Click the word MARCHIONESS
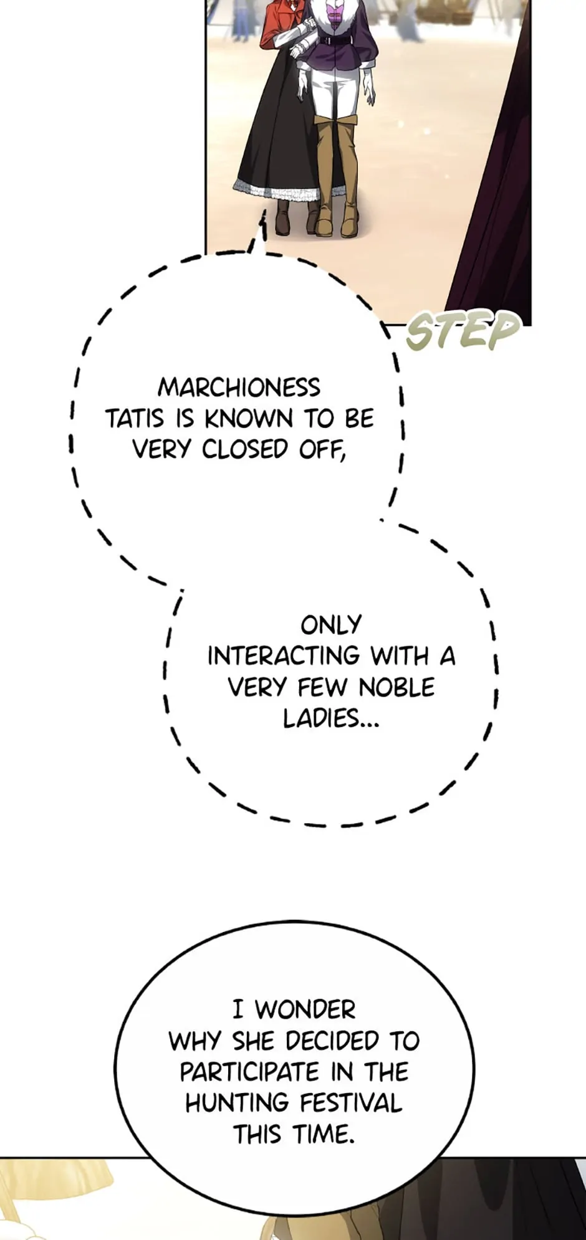coord(239,388)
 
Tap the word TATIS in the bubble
coord(135,419)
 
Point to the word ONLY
coord(331,625)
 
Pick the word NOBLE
coord(396,687)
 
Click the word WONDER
coord(305,1009)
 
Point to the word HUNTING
coord(235,1103)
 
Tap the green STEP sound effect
coord(462,330)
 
